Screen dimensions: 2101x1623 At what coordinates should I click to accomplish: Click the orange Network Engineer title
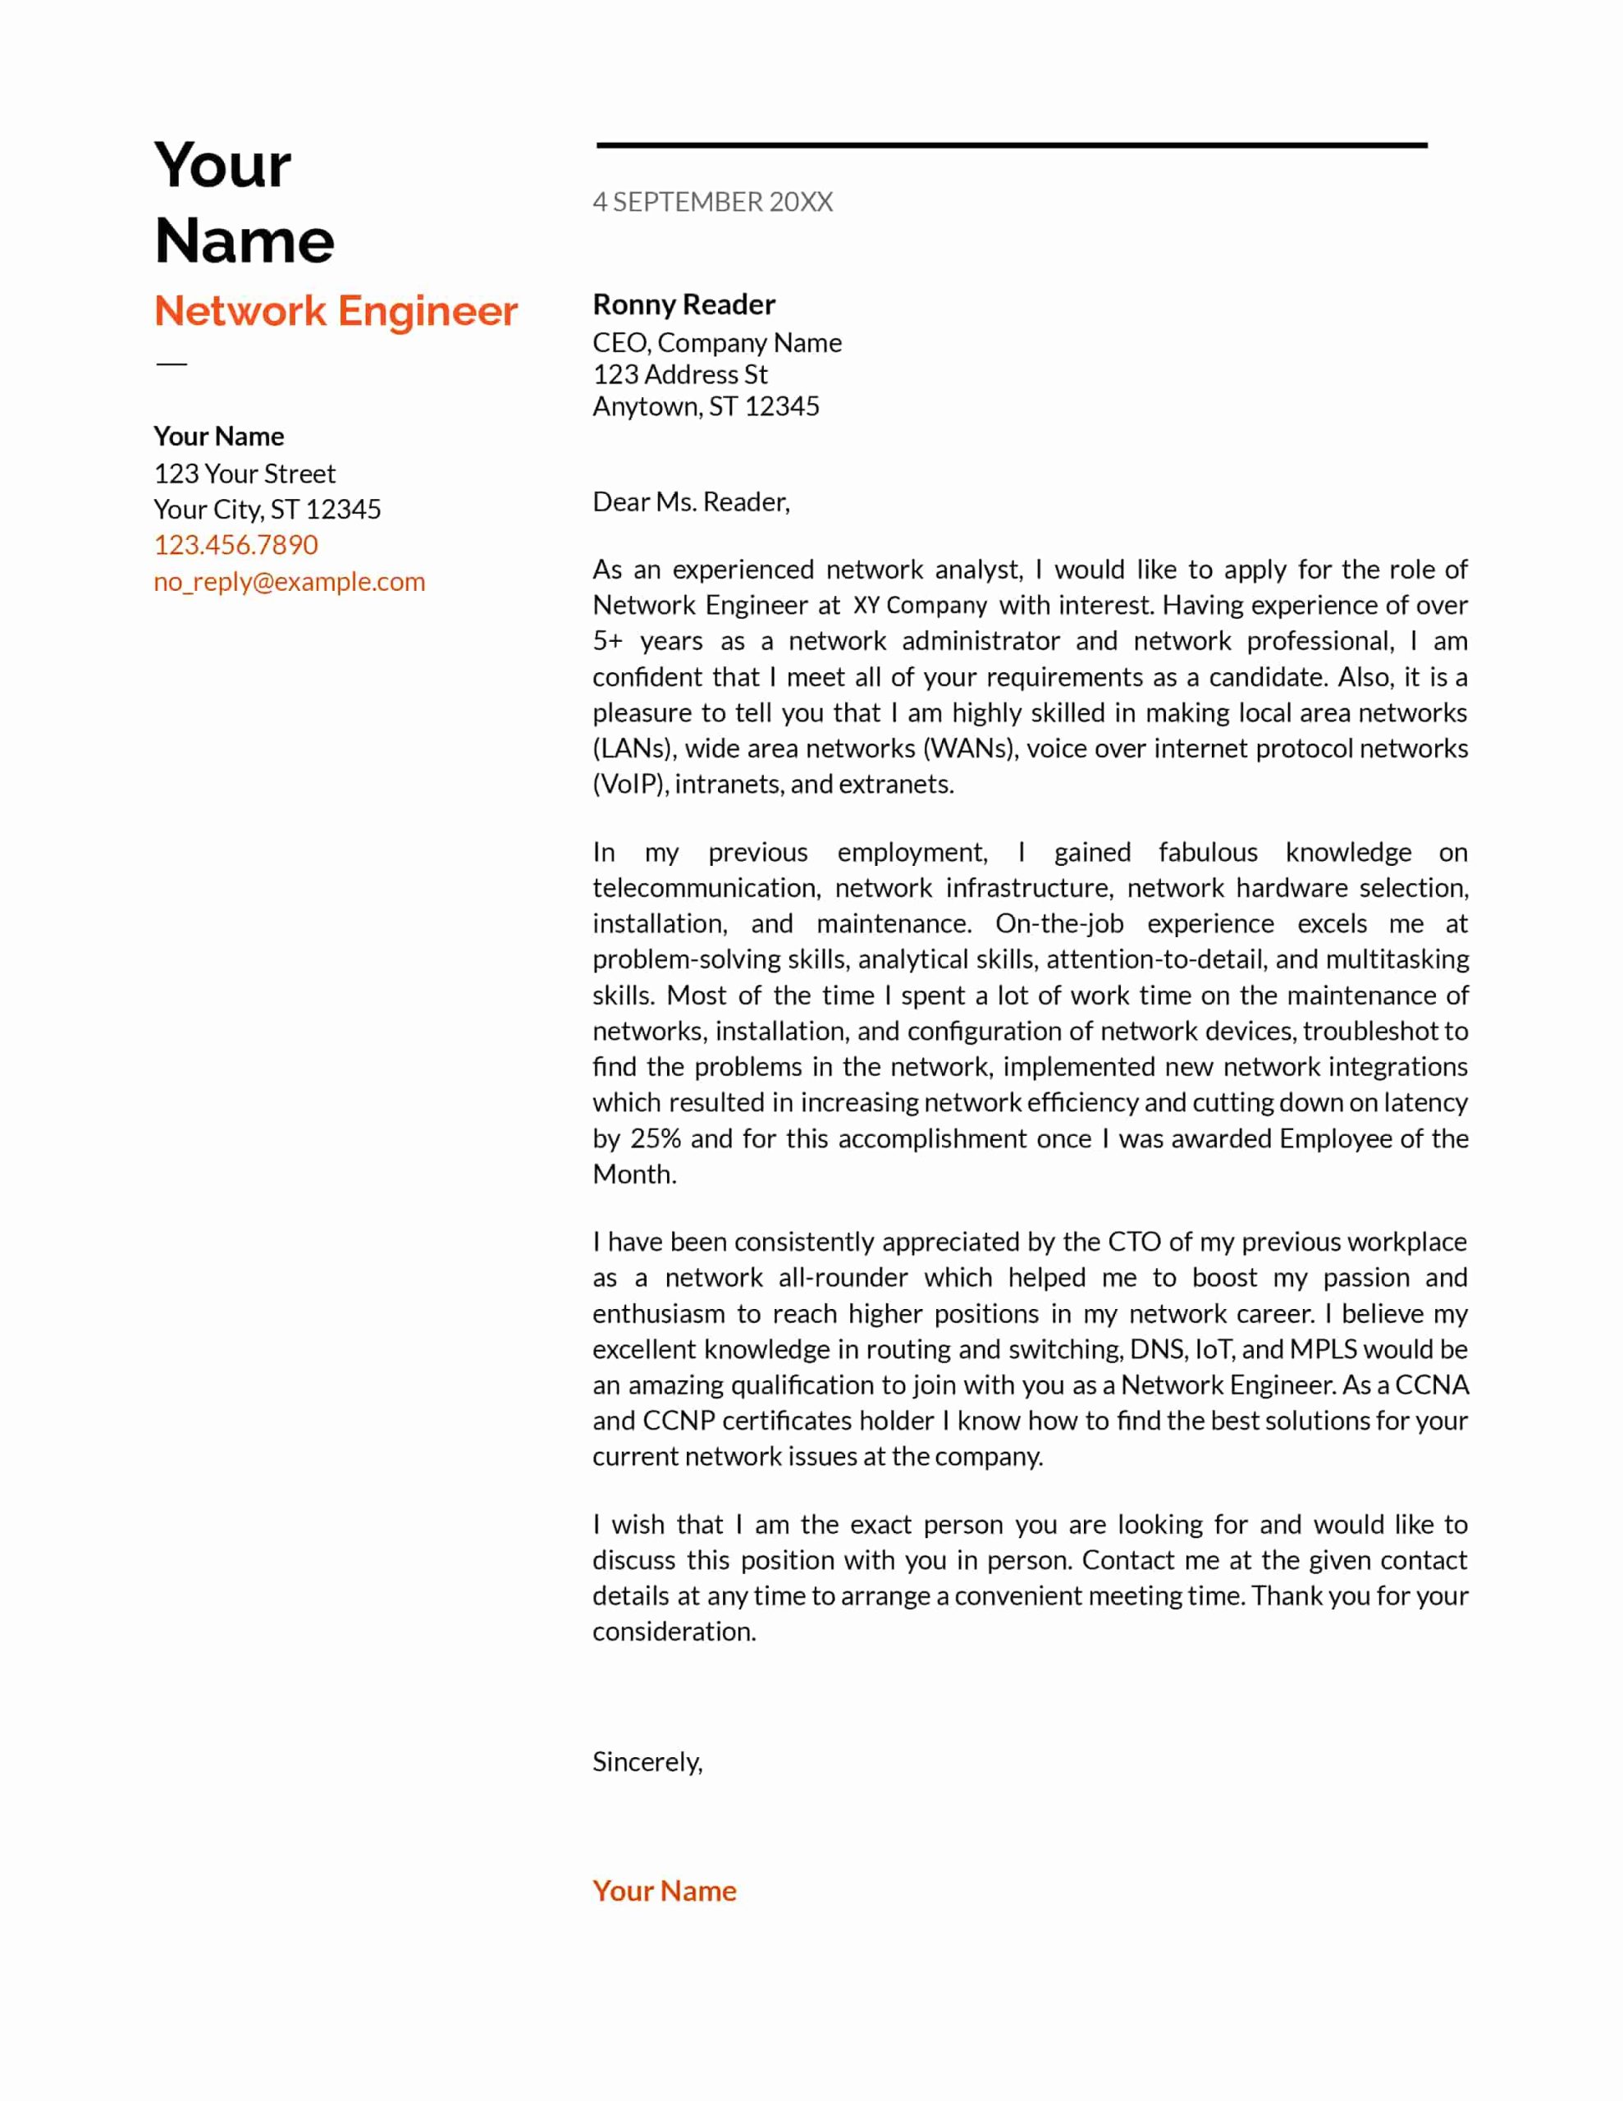pyautogui.click(x=336, y=312)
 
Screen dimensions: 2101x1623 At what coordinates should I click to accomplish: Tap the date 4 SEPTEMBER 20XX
pyautogui.click(x=712, y=202)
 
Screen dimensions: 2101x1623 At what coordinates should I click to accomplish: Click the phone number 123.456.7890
pyautogui.click(x=235, y=544)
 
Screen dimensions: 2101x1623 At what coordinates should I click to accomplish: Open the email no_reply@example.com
pyautogui.click(x=289, y=581)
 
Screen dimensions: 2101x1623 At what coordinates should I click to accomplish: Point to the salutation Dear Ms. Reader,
pyautogui.click(x=691, y=502)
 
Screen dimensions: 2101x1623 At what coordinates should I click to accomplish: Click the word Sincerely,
pyautogui.click(x=647, y=1761)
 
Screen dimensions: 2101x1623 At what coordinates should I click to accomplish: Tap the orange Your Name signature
pyautogui.click(x=664, y=1890)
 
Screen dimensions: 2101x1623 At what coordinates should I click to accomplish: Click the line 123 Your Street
pyautogui.click(x=245, y=474)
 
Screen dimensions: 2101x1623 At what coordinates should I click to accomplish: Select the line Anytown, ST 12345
pyautogui.click(x=705, y=406)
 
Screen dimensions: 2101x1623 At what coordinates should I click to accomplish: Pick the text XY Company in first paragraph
pyautogui.click(x=920, y=605)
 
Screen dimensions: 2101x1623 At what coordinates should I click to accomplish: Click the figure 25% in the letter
pyautogui.click(x=655, y=1138)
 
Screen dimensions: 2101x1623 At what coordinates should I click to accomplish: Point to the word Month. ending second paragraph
pyautogui.click(x=634, y=1174)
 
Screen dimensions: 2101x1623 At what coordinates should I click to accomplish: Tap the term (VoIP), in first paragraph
pyautogui.click(x=630, y=784)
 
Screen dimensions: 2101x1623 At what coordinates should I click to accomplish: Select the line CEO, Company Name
pyautogui.click(x=717, y=342)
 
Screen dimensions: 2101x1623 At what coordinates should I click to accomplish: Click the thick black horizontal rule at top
pyautogui.click(x=1011, y=145)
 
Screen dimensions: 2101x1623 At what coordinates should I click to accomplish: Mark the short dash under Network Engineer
pyautogui.click(x=171, y=364)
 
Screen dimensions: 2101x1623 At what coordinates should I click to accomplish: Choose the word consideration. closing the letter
pyautogui.click(x=674, y=1632)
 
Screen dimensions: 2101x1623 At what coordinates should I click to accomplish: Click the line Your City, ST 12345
pyautogui.click(x=267, y=509)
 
